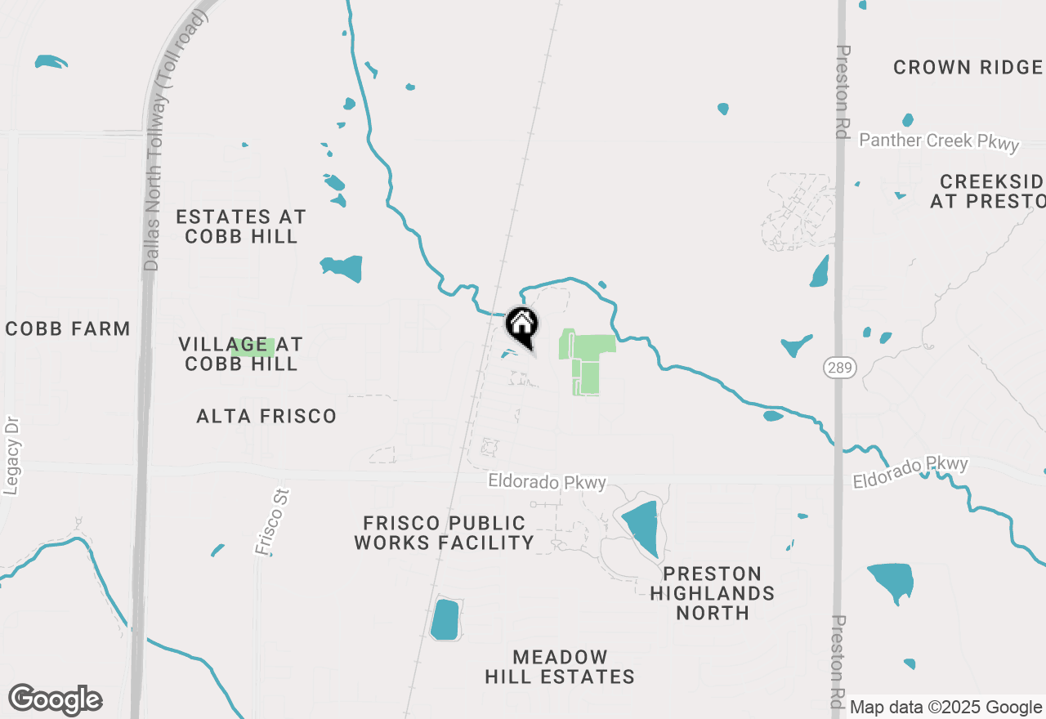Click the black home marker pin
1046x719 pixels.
(521, 325)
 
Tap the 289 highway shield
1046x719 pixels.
(845, 368)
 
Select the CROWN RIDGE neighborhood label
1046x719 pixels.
(968, 67)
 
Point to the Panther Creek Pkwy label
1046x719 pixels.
(939, 141)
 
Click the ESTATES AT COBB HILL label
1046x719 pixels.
(241, 226)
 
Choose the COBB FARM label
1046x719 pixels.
(68, 328)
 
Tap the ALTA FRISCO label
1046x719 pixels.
(266, 416)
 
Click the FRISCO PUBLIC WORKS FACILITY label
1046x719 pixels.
(445, 532)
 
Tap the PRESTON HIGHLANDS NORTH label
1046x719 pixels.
(713, 593)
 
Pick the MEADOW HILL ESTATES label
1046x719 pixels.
(560, 667)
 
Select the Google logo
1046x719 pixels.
(55, 700)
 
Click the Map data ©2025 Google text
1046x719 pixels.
(945, 708)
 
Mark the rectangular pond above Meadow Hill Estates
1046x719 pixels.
(445, 619)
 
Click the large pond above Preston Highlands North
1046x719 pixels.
(641, 528)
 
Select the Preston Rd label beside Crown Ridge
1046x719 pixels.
(844, 90)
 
